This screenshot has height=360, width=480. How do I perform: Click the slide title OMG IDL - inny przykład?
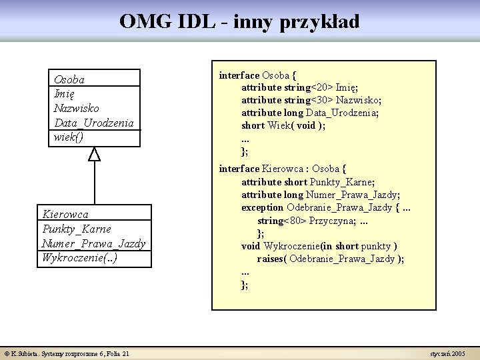239,22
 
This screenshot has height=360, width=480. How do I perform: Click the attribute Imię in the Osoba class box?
64,94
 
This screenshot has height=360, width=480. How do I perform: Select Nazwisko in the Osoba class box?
77,108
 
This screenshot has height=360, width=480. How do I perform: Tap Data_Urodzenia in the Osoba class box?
94,123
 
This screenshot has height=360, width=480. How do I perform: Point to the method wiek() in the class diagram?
69,137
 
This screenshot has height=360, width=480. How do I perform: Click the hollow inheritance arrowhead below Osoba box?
95,154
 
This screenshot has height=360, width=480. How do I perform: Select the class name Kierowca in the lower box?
65,215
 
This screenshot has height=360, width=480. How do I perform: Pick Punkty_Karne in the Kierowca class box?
77,229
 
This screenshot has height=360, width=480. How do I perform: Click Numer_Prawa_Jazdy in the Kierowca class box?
93,243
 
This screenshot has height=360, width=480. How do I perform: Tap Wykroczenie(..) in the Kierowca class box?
79,257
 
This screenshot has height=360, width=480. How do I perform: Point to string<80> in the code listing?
281,220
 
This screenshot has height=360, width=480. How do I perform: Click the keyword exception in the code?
263,207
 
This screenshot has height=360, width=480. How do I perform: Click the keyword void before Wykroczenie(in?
251,246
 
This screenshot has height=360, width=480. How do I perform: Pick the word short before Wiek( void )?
253,125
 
